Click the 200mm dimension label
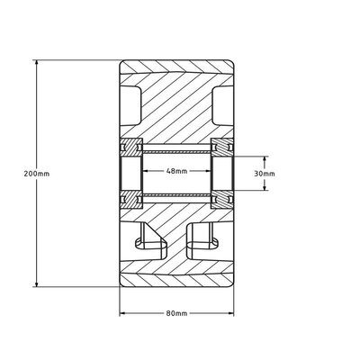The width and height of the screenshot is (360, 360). (x=37, y=174)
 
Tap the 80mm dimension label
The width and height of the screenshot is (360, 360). (x=176, y=313)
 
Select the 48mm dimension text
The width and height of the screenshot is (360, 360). (x=176, y=171)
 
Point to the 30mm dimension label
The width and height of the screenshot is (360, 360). (x=265, y=174)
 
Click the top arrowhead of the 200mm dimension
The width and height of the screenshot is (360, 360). (x=37, y=63)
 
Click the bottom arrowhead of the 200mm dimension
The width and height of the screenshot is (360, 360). (x=37, y=284)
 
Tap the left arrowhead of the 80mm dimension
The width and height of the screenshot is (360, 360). (x=122, y=313)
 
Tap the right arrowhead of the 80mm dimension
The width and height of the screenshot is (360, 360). (x=231, y=313)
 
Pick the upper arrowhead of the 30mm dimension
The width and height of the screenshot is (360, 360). (x=265, y=159)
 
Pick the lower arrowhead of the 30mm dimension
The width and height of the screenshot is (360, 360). (x=265, y=187)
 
